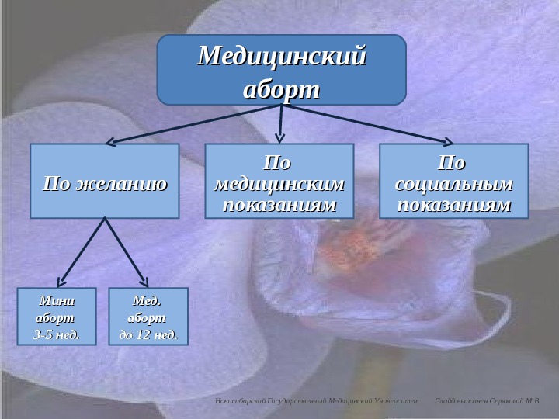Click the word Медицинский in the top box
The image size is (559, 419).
pos(282,57)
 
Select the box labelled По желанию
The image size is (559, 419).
pos(105,180)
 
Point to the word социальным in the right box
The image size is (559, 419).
pos(453,186)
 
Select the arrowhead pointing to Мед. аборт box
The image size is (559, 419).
pos(144,282)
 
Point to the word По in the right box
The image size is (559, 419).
pos(453,165)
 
